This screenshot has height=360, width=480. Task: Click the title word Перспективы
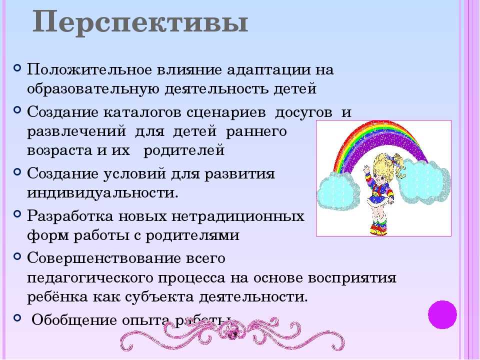[140, 22]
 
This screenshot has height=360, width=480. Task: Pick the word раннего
[256, 132]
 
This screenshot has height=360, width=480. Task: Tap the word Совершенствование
[104, 258]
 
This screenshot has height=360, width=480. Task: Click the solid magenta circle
[442, 314]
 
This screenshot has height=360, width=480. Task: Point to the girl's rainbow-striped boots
[378, 227]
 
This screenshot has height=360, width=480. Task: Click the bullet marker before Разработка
[17, 213]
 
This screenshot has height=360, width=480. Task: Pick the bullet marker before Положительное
[17, 66]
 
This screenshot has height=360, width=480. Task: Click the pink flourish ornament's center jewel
[232, 331]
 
